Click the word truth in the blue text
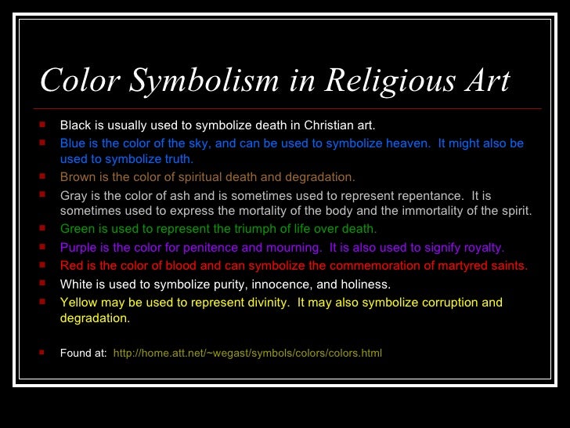coord(175,158)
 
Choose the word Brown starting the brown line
coord(78,176)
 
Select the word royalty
coord(478,248)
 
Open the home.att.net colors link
coord(247,353)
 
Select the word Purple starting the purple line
coord(78,248)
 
